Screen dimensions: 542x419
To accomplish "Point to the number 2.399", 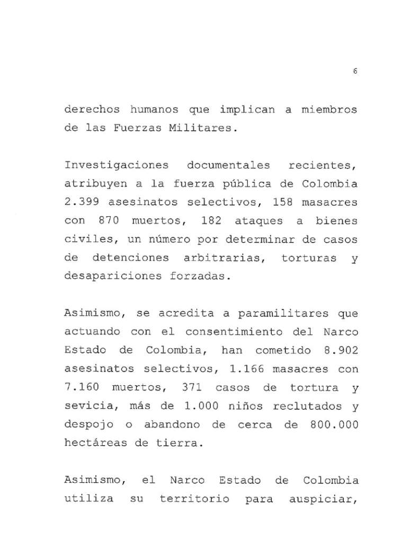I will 82,203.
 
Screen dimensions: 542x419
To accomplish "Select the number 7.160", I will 82,388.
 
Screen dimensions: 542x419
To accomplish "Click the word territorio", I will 194,499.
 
